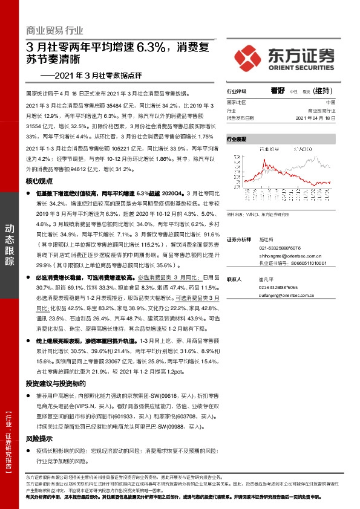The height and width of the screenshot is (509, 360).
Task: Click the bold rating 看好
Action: [278, 91]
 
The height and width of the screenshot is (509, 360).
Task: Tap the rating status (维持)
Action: [321, 91]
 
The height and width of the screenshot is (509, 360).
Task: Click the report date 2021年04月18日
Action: [327, 118]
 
